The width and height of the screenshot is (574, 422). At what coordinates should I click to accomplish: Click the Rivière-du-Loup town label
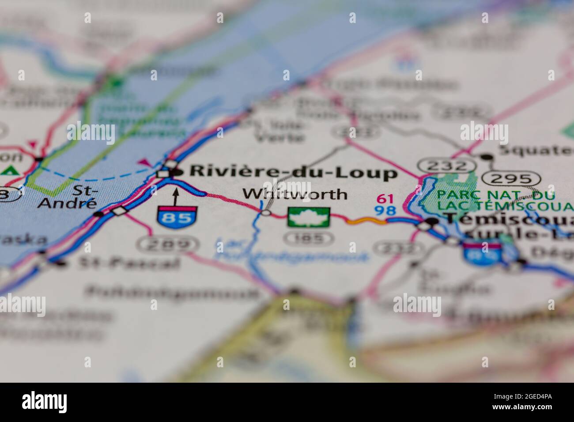point(293,173)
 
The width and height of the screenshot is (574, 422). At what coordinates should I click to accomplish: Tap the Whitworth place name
point(295,194)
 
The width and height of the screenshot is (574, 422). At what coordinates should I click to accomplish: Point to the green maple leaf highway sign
point(309,218)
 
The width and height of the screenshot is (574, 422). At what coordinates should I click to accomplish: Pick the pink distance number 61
point(385,199)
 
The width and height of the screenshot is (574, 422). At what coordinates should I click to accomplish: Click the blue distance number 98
point(385,211)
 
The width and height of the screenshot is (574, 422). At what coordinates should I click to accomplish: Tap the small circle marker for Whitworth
point(266,213)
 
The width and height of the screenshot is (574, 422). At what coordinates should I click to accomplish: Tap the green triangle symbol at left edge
point(9,170)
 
